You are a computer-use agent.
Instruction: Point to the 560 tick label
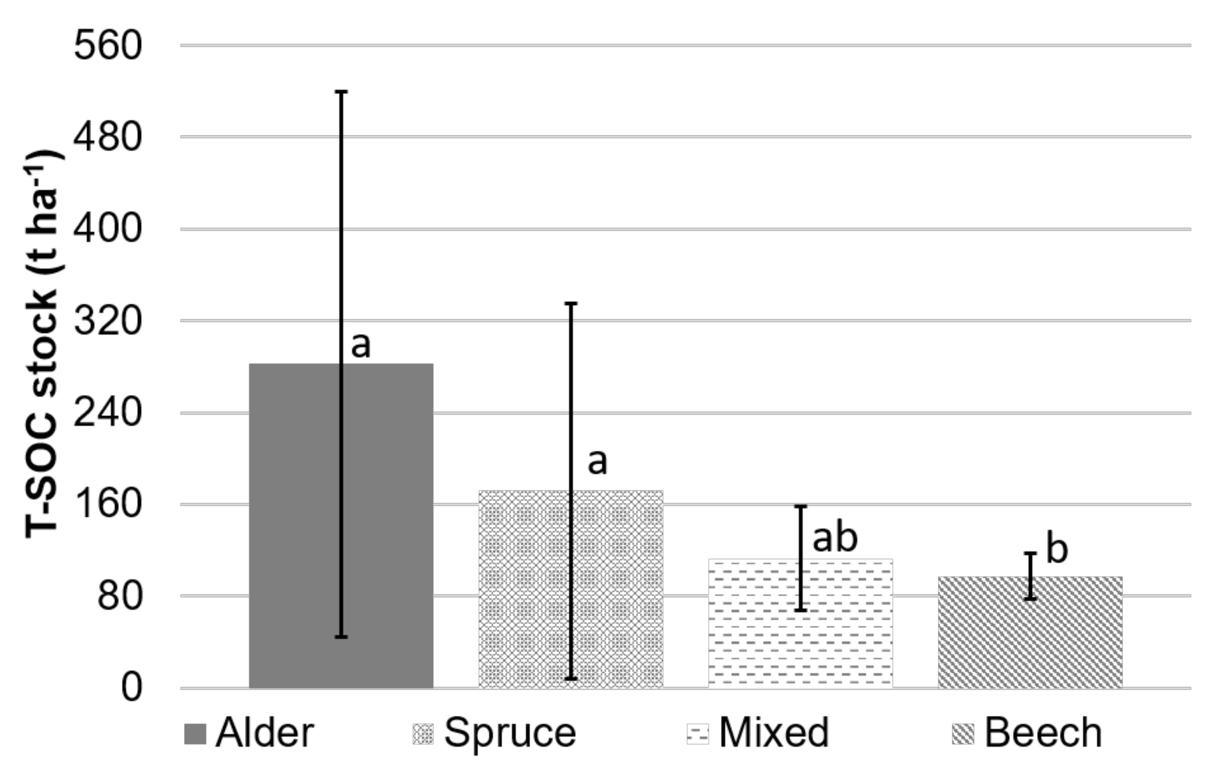[108, 45]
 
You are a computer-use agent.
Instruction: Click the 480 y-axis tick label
[108, 137]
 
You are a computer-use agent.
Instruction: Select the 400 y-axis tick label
[108, 229]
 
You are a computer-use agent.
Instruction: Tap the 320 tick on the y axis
[108, 321]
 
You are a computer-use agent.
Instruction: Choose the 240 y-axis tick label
[108, 413]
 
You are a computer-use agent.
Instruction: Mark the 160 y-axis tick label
[108, 504]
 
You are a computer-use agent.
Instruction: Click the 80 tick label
[120, 596]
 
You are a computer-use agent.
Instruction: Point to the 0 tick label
[131, 688]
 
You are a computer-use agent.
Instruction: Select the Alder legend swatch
[195, 734]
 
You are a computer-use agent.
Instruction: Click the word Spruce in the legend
[510, 733]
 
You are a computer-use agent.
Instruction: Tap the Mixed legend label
[774, 733]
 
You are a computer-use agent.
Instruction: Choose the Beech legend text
[1043, 733]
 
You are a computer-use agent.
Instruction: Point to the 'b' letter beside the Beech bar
[1057, 549]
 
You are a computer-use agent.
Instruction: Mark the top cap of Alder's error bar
[341, 92]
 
